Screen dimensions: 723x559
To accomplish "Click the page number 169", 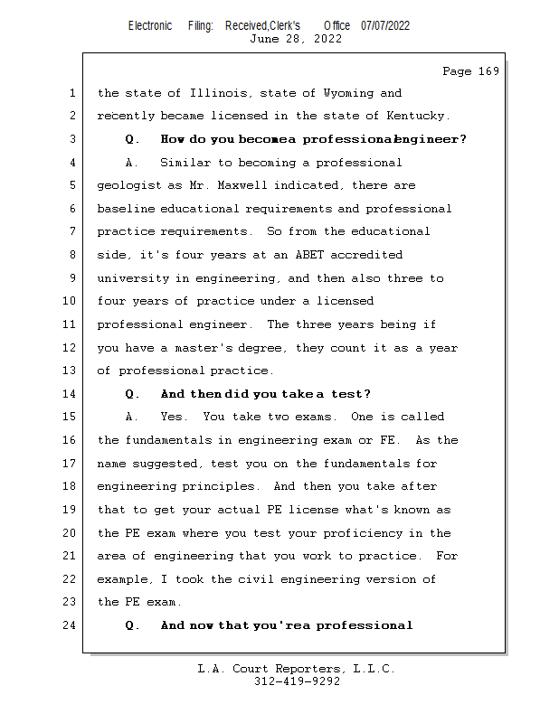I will [x=488, y=71].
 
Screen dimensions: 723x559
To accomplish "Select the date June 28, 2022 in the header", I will [x=295, y=39].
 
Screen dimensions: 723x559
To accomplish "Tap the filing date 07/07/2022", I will [x=385, y=25].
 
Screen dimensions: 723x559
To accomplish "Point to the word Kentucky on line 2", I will [x=418, y=116].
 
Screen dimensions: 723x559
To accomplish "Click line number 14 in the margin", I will [x=71, y=394].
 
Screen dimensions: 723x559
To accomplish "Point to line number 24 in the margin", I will [x=71, y=625].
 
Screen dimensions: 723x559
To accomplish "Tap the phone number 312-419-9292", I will [x=297, y=681].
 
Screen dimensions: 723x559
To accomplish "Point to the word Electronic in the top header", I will [x=150, y=25].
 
